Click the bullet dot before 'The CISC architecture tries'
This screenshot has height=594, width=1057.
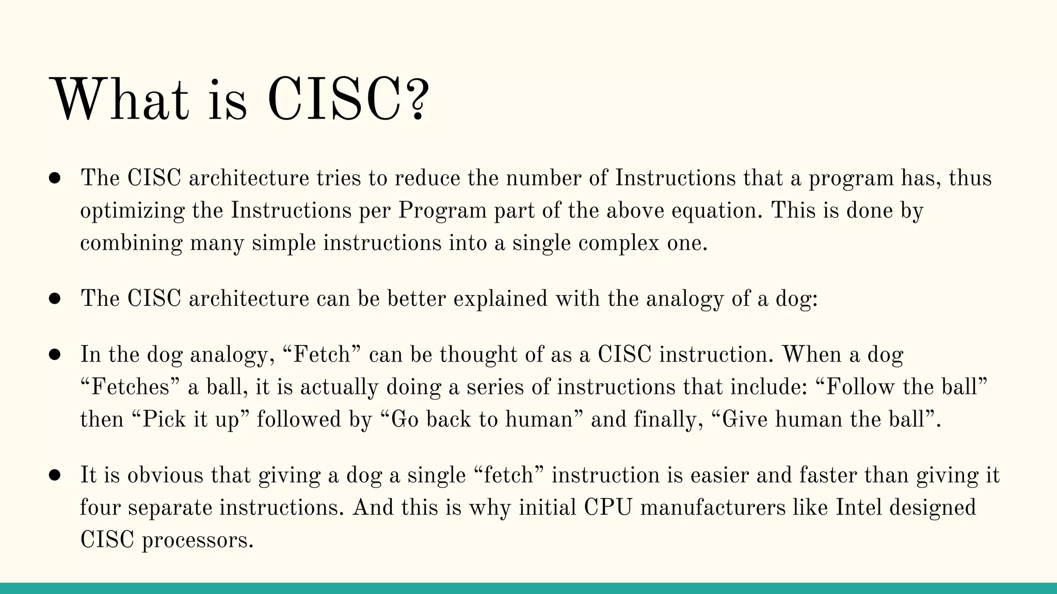pos(55,178)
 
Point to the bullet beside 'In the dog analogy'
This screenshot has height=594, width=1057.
pos(55,355)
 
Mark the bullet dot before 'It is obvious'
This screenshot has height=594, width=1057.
pos(55,475)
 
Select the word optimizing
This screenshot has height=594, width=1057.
pos(132,211)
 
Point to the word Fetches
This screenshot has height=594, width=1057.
pos(130,387)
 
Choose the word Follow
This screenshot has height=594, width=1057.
pos(860,387)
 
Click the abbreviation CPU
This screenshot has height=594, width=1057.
pos(608,508)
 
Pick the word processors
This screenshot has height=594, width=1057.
pos(198,540)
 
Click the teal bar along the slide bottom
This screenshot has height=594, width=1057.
pos(528,588)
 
